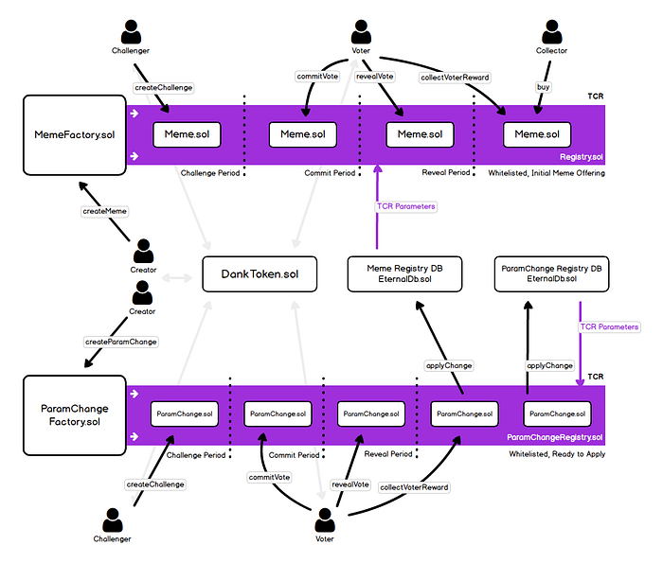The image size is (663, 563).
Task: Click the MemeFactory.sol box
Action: coord(75,134)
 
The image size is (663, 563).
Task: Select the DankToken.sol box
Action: coord(260,274)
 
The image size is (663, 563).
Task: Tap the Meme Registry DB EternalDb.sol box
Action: coord(404,273)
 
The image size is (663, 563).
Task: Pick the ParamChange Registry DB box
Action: coord(551,273)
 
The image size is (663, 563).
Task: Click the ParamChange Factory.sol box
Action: coord(75,415)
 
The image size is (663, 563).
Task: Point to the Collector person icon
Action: coord(552,31)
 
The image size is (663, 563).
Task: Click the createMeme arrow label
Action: coord(104,211)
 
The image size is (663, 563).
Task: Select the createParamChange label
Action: coord(121,342)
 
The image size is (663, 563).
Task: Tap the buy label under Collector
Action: coord(544,87)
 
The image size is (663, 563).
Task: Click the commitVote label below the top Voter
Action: coord(317,77)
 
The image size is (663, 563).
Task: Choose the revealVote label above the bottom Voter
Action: coord(350,484)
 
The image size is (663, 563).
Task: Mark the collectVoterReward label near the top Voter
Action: coord(455,78)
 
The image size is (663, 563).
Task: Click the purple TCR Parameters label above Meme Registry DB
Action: coord(406,206)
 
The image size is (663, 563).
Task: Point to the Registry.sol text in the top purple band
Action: coord(582,157)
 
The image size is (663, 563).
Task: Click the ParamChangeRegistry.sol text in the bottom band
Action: coord(555,437)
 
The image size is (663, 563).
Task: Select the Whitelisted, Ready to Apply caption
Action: coord(557,454)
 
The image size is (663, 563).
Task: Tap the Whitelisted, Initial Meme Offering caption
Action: coord(547,173)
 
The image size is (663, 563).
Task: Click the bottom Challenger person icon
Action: coord(113,519)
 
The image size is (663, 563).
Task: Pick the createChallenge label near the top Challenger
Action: coord(163,88)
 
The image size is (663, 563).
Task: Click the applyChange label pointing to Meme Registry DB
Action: coord(449,366)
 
